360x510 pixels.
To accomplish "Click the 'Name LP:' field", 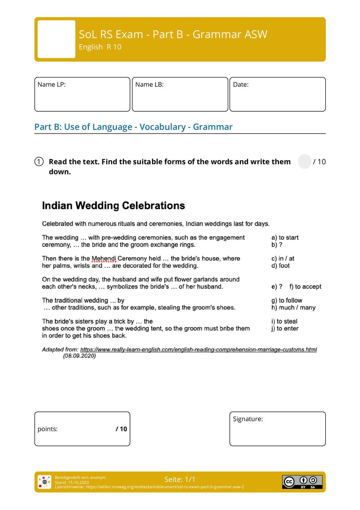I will (82, 94).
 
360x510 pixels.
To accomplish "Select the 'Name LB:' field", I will (180, 94).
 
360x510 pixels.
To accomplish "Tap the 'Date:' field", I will (278, 94).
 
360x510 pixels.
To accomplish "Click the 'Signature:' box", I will (278, 429).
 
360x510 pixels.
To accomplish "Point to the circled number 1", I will (39, 162).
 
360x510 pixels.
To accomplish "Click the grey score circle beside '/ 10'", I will (305, 162).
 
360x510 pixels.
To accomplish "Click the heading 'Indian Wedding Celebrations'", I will (113, 206).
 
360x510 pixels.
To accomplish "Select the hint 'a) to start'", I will (285, 238).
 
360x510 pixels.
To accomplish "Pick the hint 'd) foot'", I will (280, 266).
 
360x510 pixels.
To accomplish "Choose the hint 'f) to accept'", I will (305, 287).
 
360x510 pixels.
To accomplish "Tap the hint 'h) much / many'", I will (293, 308).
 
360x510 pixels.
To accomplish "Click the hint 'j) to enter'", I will (285, 328).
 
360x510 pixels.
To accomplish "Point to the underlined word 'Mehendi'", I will (104, 259).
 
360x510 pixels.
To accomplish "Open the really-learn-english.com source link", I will (198, 349).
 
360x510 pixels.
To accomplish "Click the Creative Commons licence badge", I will (302, 482).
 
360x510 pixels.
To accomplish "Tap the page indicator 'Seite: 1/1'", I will (180, 479).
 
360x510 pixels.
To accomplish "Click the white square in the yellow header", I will (57, 39).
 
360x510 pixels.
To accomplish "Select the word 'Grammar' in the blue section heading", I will (213, 127).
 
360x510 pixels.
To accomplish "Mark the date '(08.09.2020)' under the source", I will (80, 356).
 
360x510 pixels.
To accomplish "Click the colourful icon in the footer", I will (45, 482).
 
